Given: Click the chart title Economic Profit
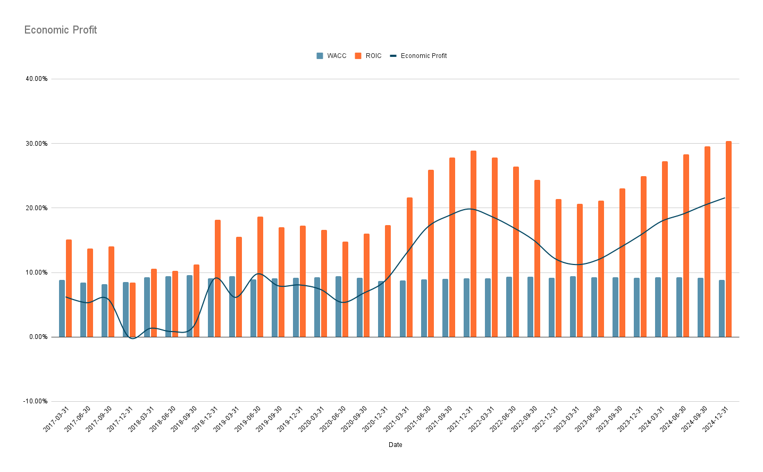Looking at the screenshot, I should pos(61,30).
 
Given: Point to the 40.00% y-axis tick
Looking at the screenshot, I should pos(37,79).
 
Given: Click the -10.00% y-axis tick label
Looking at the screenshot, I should pos(36,401).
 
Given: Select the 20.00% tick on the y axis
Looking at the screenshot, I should pos(37,208).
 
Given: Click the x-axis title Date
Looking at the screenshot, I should pos(395,445).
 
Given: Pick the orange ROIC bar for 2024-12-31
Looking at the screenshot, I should pos(728,239).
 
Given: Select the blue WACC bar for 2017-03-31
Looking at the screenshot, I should pos(62,309).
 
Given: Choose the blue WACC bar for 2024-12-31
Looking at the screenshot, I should pos(722,309).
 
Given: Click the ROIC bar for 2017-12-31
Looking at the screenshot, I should pos(132,310).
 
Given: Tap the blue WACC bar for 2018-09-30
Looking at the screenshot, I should pos(189,306).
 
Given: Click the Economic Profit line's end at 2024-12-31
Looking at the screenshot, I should pos(725,198).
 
